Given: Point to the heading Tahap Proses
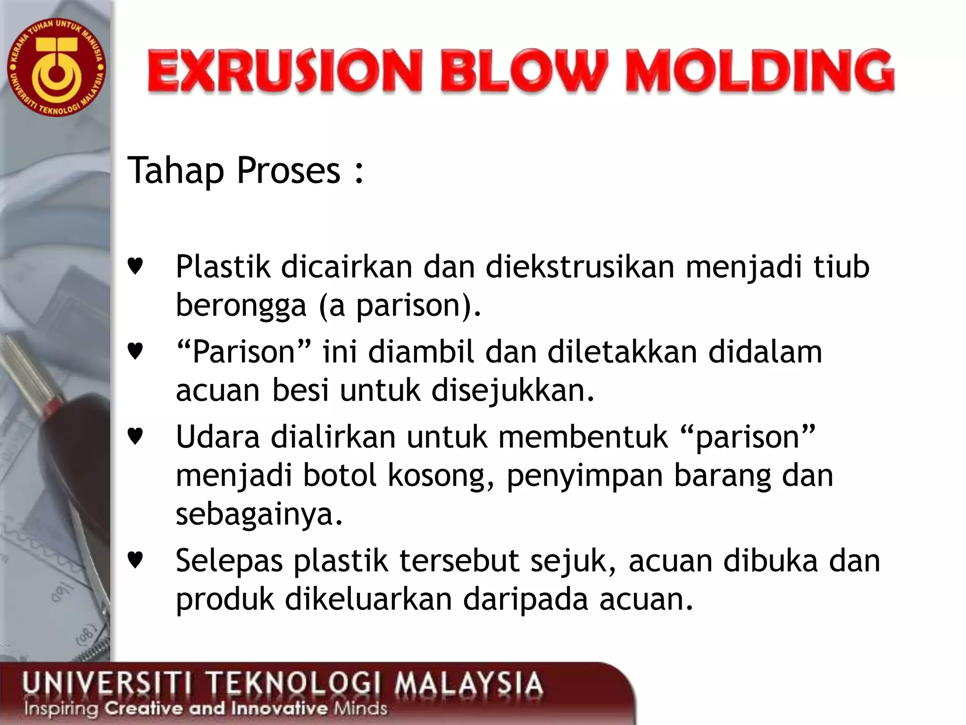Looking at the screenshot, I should point(245,171).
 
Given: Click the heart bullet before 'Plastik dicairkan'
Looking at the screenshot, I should point(135,267).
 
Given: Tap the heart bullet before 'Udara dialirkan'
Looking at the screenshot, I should point(135,437).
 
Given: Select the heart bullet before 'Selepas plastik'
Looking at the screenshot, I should point(135,560).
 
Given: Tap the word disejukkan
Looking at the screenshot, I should point(513,391).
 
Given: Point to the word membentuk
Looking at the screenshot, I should point(583,437).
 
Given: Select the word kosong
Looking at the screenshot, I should point(441,476).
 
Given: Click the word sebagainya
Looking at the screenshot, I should point(258,514).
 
